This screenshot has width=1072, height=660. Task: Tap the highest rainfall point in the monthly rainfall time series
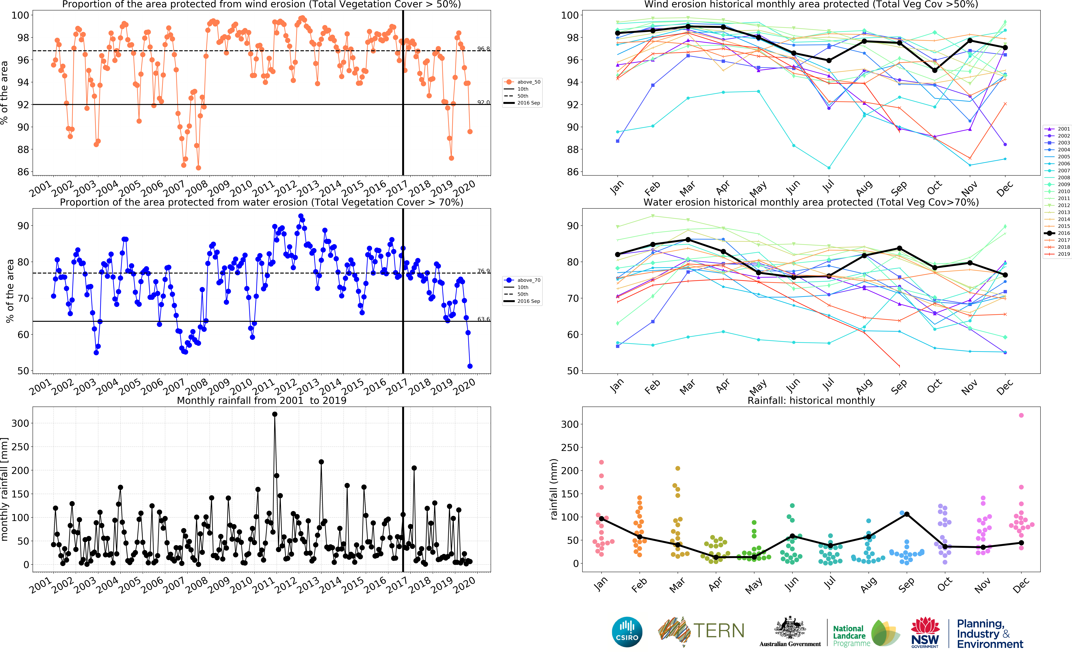coord(275,414)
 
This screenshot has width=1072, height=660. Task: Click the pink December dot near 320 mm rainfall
coord(1021,415)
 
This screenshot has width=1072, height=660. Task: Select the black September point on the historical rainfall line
coord(907,514)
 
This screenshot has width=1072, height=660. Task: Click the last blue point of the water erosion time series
coord(470,366)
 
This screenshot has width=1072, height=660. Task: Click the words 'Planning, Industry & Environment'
coord(989,634)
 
